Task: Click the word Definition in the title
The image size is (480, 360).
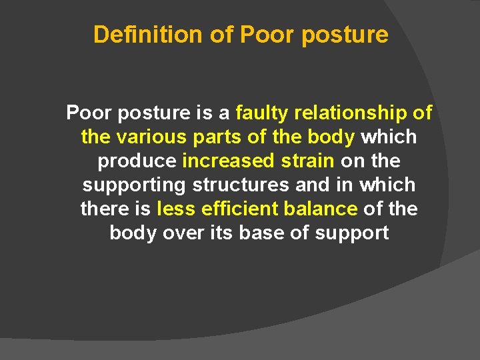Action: [149, 35]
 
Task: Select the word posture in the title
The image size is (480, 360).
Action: [345, 35]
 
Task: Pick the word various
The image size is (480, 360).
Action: [147, 137]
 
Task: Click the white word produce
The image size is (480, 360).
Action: [137, 161]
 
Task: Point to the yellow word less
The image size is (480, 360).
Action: [174, 209]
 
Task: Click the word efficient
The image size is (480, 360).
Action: [237, 209]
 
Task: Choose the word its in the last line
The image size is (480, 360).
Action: [219, 233]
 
